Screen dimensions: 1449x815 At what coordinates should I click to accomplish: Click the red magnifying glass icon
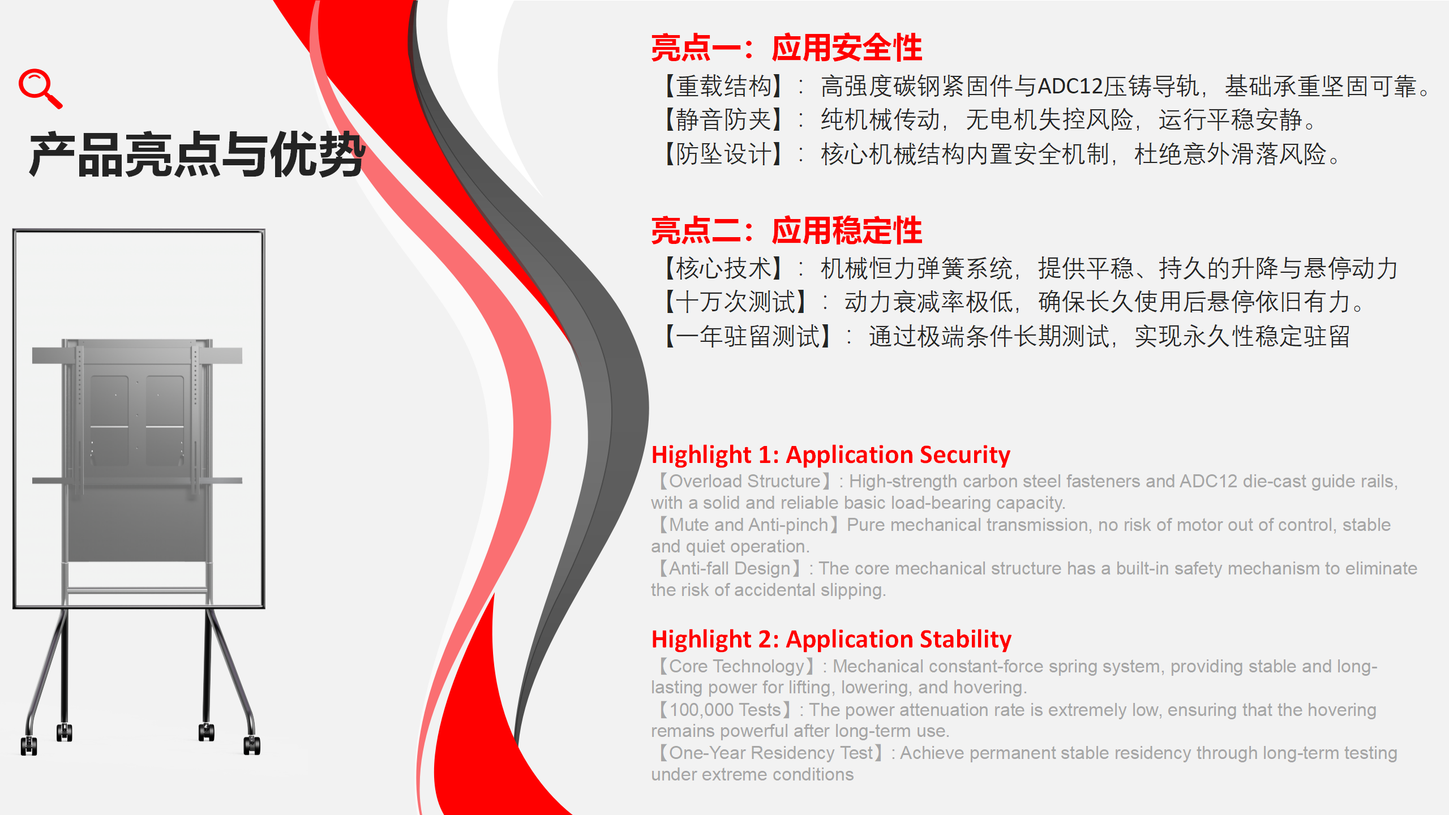pos(40,88)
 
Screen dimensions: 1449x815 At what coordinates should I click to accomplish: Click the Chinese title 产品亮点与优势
pos(198,154)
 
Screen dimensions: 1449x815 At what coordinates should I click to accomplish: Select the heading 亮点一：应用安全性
pos(787,48)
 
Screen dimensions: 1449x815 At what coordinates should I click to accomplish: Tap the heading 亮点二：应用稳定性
pos(787,231)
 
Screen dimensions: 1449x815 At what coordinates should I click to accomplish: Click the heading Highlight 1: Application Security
pos(831,455)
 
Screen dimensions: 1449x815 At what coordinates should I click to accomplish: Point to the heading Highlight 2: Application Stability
pos(831,640)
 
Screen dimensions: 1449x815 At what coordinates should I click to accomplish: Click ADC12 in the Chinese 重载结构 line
pos(1070,87)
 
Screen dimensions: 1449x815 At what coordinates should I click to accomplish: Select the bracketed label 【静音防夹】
pos(724,120)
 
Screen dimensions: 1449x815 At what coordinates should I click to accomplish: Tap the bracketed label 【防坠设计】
pos(724,154)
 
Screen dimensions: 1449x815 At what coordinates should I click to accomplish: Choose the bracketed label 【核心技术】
pos(724,268)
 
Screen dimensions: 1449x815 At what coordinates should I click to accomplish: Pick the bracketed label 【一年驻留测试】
pos(748,337)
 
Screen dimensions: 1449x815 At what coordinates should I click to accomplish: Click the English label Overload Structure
pos(745,481)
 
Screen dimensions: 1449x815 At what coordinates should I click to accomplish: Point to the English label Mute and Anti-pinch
pos(749,525)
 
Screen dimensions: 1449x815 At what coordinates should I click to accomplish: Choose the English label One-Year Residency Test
pos(771,753)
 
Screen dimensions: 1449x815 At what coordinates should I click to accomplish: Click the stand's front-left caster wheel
pos(29,745)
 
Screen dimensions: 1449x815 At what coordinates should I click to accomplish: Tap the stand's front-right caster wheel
pos(252,745)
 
